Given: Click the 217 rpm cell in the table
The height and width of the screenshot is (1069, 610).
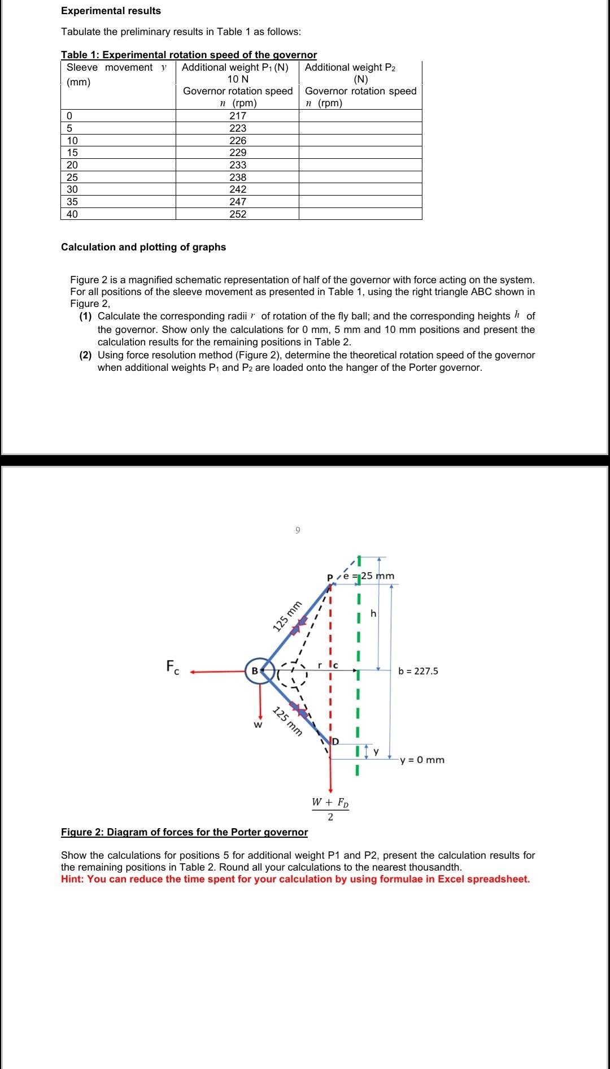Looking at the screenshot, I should (238, 115).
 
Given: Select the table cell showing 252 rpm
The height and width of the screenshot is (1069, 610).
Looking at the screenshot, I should (238, 214).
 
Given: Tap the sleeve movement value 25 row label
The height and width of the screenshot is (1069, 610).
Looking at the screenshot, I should (72, 177).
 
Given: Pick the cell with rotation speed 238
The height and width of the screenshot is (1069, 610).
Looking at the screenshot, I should (238, 177).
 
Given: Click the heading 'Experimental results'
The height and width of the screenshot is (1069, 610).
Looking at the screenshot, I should (111, 11).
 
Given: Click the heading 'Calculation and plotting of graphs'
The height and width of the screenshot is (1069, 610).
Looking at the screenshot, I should (143, 247).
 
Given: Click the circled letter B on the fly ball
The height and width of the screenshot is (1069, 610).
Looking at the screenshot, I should (254, 671).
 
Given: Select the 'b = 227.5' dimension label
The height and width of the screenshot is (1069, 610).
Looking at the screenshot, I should (418, 671).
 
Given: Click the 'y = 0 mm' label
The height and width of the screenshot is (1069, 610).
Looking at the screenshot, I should (422, 760).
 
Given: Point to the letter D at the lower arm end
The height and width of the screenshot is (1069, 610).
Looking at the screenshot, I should (335, 741).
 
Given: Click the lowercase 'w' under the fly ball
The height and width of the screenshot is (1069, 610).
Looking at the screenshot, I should (258, 724).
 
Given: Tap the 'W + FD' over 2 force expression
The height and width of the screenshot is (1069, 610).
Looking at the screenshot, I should (330, 808).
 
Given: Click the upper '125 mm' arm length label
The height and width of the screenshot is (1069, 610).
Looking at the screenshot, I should (287, 617).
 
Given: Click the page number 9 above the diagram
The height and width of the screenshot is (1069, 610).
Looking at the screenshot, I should (298, 530).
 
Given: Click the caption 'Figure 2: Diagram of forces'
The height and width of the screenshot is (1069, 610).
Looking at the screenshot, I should (184, 832).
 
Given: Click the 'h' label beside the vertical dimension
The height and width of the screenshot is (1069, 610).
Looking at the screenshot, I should (373, 613).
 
